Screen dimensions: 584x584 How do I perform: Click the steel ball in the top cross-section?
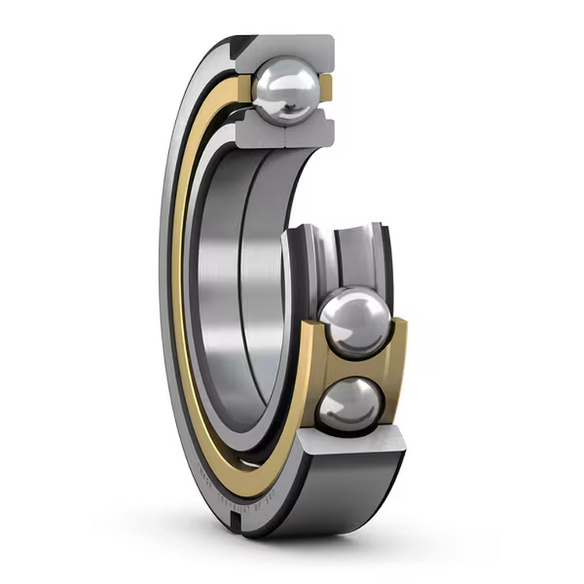[x=287, y=91]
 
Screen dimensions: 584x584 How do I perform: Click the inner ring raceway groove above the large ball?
[x=343, y=249]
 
